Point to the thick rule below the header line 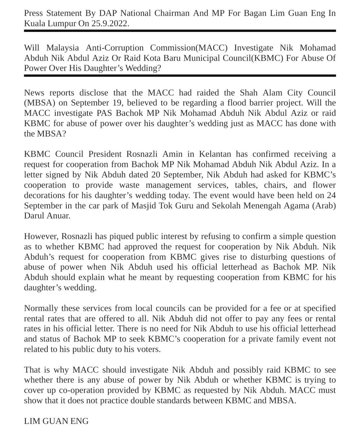(x=180, y=31)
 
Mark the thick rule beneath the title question (x=180, y=76)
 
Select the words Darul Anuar (x=47, y=216)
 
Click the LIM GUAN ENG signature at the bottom (x=56, y=421)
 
